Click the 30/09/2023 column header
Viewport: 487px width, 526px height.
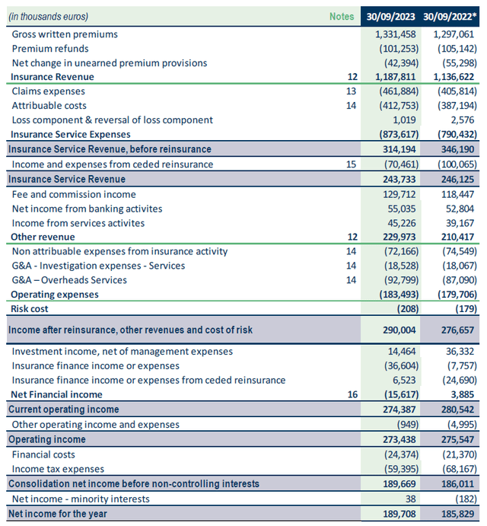pyautogui.click(x=390, y=16)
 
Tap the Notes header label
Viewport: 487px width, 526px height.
pyautogui.click(x=342, y=16)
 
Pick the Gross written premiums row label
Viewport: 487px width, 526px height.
pyautogui.click(x=65, y=34)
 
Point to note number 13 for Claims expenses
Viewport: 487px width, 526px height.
pyautogui.click(x=352, y=91)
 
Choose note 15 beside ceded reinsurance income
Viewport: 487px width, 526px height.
pyautogui.click(x=352, y=164)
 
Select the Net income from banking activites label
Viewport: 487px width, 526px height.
pyautogui.click(x=88, y=209)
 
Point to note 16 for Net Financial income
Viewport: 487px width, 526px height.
pyautogui.click(x=352, y=394)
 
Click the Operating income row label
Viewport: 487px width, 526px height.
pyautogui.click(x=47, y=439)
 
